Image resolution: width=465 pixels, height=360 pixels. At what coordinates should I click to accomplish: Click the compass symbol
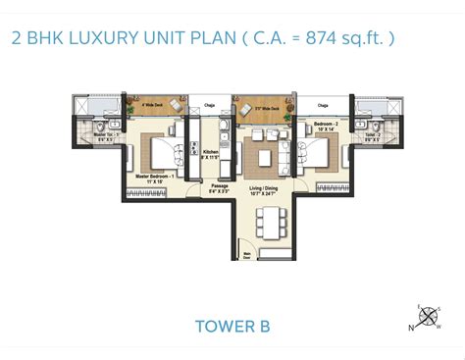coord(429,317)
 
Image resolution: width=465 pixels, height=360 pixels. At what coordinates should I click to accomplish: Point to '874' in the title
coord(308,39)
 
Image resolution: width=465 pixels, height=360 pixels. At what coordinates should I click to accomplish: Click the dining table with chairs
coord(268,222)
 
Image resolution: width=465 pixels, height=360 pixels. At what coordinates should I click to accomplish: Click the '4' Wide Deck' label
coord(150,101)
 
